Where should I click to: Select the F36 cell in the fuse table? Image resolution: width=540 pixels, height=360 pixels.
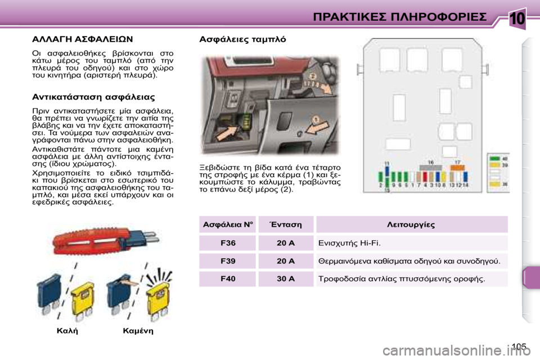point(228,243)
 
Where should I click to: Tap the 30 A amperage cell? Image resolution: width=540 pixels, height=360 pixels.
point(286,278)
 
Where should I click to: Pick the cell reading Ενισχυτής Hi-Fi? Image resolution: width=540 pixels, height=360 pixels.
point(412,243)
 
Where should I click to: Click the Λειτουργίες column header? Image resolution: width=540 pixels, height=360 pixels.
point(412,224)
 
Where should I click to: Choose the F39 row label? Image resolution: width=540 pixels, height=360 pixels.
point(228,261)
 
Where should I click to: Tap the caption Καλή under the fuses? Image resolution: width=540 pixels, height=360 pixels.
point(67,331)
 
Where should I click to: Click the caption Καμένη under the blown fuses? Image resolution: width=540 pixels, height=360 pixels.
point(138,331)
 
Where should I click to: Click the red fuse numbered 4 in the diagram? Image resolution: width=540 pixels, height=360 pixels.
point(424,176)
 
